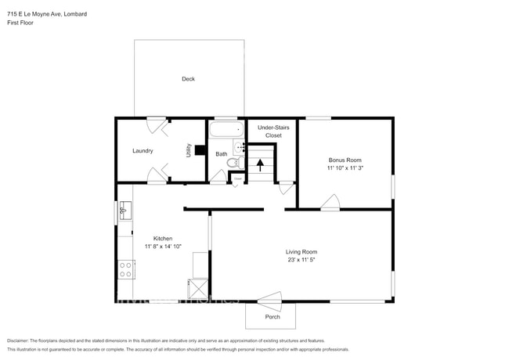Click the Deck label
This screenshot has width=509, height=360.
(x=188, y=79)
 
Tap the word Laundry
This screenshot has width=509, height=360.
(x=143, y=151)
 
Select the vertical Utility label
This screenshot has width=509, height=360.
(x=188, y=150)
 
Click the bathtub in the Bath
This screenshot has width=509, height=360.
(x=226, y=128)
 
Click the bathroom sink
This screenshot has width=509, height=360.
(x=241, y=146)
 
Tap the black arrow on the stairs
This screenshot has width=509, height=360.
(x=261, y=164)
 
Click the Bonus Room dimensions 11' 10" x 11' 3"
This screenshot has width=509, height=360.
(x=345, y=167)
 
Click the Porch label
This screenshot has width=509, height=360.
(x=273, y=316)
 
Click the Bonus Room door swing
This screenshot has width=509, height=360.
(x=330, y=203)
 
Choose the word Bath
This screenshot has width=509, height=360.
(x=222, y=154)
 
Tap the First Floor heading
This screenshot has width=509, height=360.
(x=20, y=23)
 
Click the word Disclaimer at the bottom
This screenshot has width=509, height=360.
(x=21, y=340)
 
